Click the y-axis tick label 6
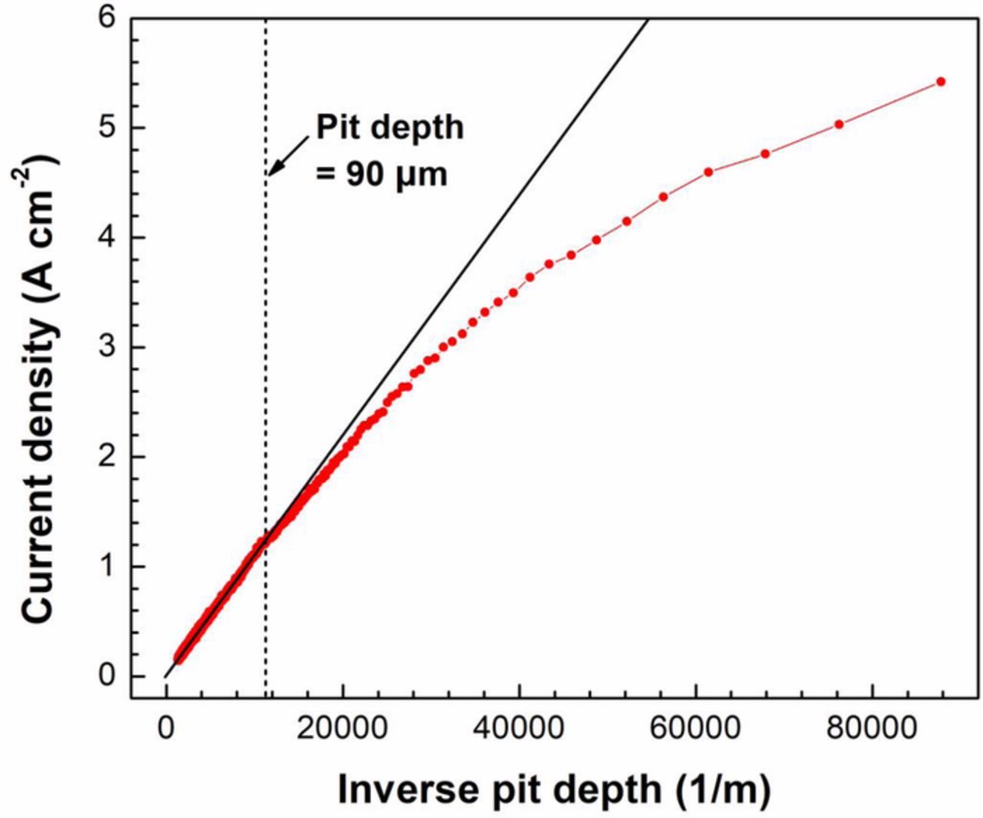pyautogui.click(x=107, y=17)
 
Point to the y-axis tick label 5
pyautogui.click(x=107, y=127)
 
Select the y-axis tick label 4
pyautogui.click(x=107, y=237)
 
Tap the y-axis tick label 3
pyautogui.click(x=107, y=347)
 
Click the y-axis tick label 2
pyautogui.click(x=107, y=457)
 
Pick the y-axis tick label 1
pyautogui.click(x=107, y=566)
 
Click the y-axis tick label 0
pyautogui.click(x=107, y=676)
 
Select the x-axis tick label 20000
pyautogui.click(x=343, y=728)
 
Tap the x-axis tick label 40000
pyautogui.click(x=519, y=728)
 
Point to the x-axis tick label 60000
pyautogui.click(x=696, y=728)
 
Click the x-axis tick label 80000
pyautogui.click(x=872, y=728)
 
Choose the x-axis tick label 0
pyautogui.click(x=166, y=728)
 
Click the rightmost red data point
pyautogui.click(x=941, y=81)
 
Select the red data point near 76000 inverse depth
pyautogui.click(x=839, y=124)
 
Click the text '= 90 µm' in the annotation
pyautogui.click(x=382, y=174)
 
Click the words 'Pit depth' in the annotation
pyautogui.click(x=390, y=127)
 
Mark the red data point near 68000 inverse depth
pyautogui.click(x=765, y=154)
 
